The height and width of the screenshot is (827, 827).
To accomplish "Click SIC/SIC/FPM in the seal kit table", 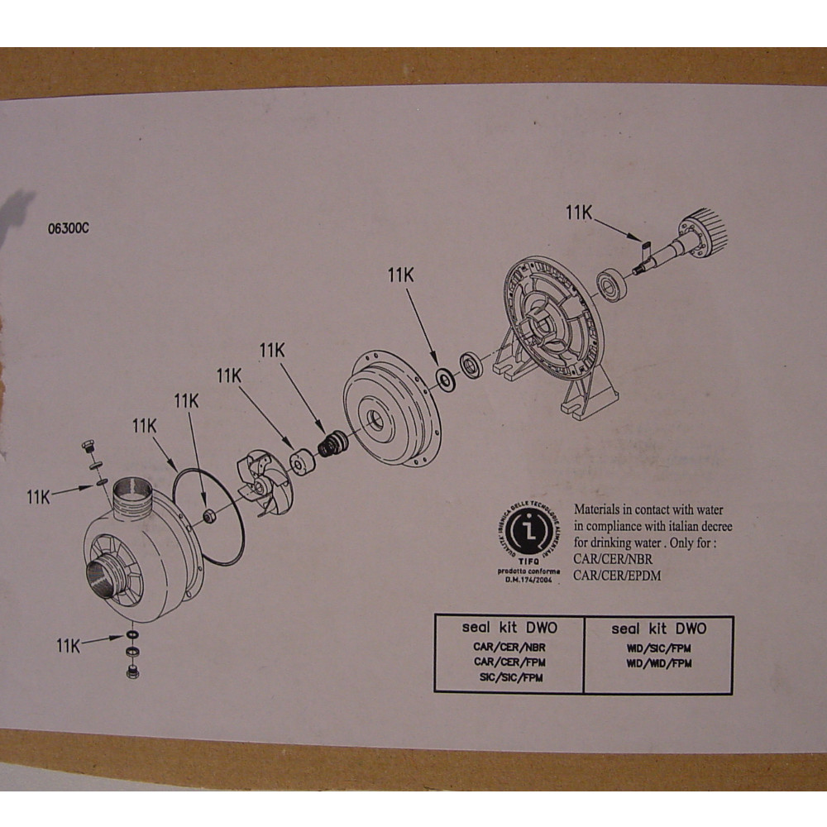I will pyautogui.click(x=509, y=677).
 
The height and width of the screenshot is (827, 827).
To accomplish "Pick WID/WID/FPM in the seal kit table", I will pyautogui.click(x=658, y=663).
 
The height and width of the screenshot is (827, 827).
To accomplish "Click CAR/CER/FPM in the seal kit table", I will pyautogui.click(x=509, y=662).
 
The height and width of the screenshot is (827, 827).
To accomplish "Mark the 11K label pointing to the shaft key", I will pyautogui.click(x=579, y=212).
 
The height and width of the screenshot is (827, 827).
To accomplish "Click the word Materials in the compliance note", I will pyautogui.click(x=604, y=511).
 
